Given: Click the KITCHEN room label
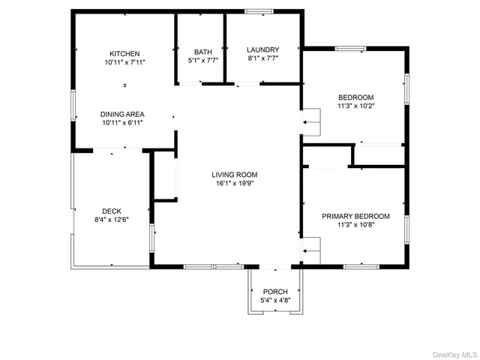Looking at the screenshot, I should (x=124, y=54).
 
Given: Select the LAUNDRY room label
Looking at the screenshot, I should (x=263, y=49).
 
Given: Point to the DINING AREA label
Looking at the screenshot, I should (x=122, y=114).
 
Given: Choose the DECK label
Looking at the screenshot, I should (x=112, y=211).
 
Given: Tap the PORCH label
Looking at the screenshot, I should (x=274, y=291).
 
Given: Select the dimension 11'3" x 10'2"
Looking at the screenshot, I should (x=355, y=106).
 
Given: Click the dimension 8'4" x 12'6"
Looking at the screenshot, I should (x=112, y=220).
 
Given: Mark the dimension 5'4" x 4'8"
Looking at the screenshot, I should (x=274, y=300).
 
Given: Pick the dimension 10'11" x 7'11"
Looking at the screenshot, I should (x=124, y=63).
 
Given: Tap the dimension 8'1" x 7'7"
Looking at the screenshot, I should (x=263, y=58).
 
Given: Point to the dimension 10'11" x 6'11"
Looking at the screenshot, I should (x=122, y=123).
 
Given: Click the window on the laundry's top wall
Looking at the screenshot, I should (x=259, y=10).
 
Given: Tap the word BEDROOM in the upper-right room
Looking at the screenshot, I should (x=355, y=97).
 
